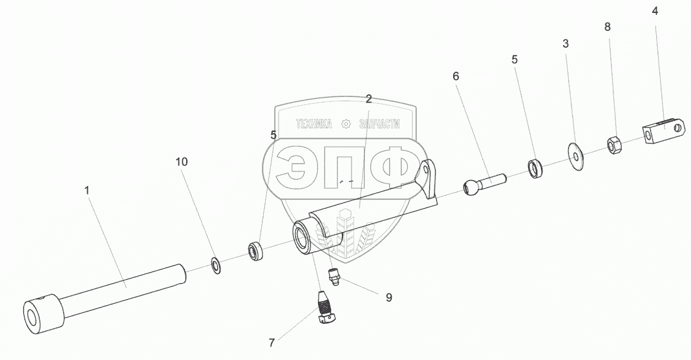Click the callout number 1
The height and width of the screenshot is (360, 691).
pos(87,191)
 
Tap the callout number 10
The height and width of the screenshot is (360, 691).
pos(182,162)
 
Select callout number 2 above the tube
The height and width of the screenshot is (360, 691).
pos(369,99)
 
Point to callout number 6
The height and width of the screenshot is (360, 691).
pos(456,76)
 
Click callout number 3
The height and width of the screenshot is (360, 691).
pos(566,43)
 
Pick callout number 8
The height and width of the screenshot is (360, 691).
pos(608,27)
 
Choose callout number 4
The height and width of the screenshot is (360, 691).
pos(655,11)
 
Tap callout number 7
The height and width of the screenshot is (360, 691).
pos(272,343)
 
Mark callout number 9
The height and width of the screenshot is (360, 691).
pos(388,297)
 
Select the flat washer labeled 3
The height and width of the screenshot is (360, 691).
pos(575,156)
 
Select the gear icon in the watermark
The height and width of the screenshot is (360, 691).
pos(346,124)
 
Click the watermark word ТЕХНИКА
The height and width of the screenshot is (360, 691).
pos(314,124)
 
